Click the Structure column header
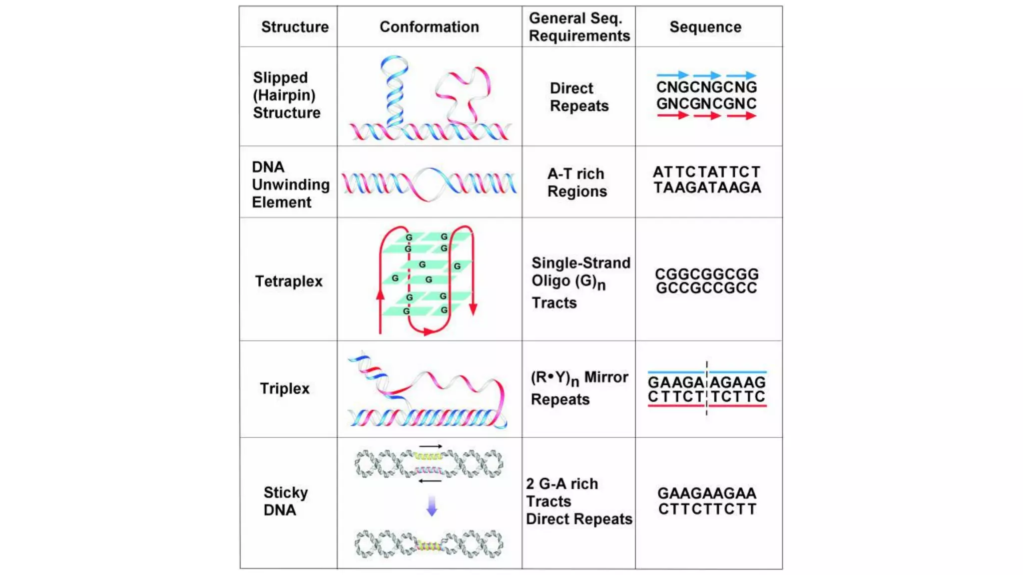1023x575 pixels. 295,27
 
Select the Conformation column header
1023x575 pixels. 429,27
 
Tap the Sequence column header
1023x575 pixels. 705,27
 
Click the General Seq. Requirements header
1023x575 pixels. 579,27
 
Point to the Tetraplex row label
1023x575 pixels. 289,282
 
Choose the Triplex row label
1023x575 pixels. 285,389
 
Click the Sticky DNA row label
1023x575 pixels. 285,501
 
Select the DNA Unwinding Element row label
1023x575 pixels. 290,185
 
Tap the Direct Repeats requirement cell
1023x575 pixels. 579,97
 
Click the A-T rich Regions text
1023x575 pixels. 577,183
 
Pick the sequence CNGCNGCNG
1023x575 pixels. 706,87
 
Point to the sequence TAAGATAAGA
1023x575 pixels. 707,188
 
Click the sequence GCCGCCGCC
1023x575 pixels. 706,288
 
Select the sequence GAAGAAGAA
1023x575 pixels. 706,494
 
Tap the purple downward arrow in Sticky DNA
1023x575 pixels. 432,506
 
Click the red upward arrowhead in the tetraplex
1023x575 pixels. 380,295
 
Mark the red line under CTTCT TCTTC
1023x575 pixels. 707,406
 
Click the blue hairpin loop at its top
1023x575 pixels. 394,62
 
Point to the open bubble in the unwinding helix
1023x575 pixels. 429,184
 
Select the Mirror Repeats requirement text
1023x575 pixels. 579,388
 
